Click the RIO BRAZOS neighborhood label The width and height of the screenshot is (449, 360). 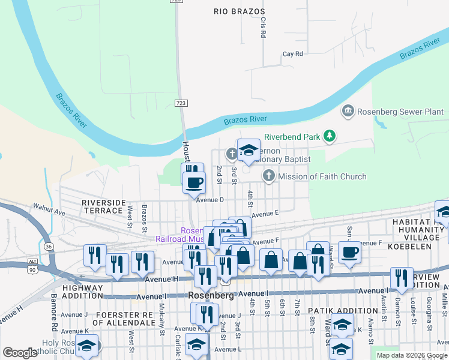pos(239,11)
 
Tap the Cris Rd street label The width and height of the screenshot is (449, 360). pos(263,27)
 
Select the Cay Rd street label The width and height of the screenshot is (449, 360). pos(292,54)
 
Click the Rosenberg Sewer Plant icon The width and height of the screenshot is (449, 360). pos(347,111)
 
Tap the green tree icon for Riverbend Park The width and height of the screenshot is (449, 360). pos(329,136)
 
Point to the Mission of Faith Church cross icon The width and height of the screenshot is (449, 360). pos(269,176)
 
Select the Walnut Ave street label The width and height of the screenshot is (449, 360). pos(49,211)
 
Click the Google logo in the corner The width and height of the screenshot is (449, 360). pos(20,353)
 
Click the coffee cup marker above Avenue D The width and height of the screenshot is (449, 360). pos(193,181)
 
